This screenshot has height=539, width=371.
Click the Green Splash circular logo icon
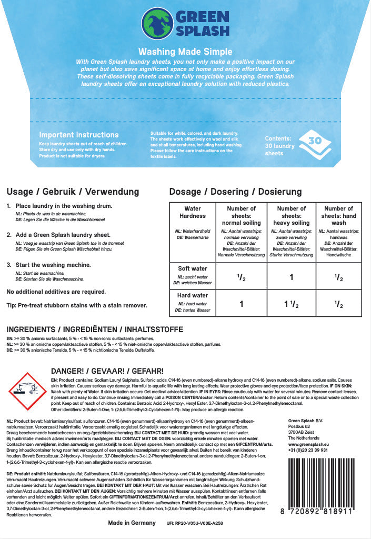158,24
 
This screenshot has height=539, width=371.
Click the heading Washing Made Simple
185,52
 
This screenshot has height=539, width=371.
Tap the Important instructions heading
79,135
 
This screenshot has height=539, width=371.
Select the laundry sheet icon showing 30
314,142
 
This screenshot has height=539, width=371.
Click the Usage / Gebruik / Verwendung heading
73,192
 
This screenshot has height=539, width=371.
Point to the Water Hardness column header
193,212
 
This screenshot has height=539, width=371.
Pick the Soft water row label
193,268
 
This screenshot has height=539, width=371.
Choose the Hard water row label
193,295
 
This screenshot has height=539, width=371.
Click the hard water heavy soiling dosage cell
292,304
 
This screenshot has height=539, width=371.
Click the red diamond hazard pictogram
29,391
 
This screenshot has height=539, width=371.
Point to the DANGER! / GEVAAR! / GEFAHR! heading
107,371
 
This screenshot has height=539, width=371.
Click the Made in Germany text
132,523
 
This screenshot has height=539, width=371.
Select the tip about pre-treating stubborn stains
77,305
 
